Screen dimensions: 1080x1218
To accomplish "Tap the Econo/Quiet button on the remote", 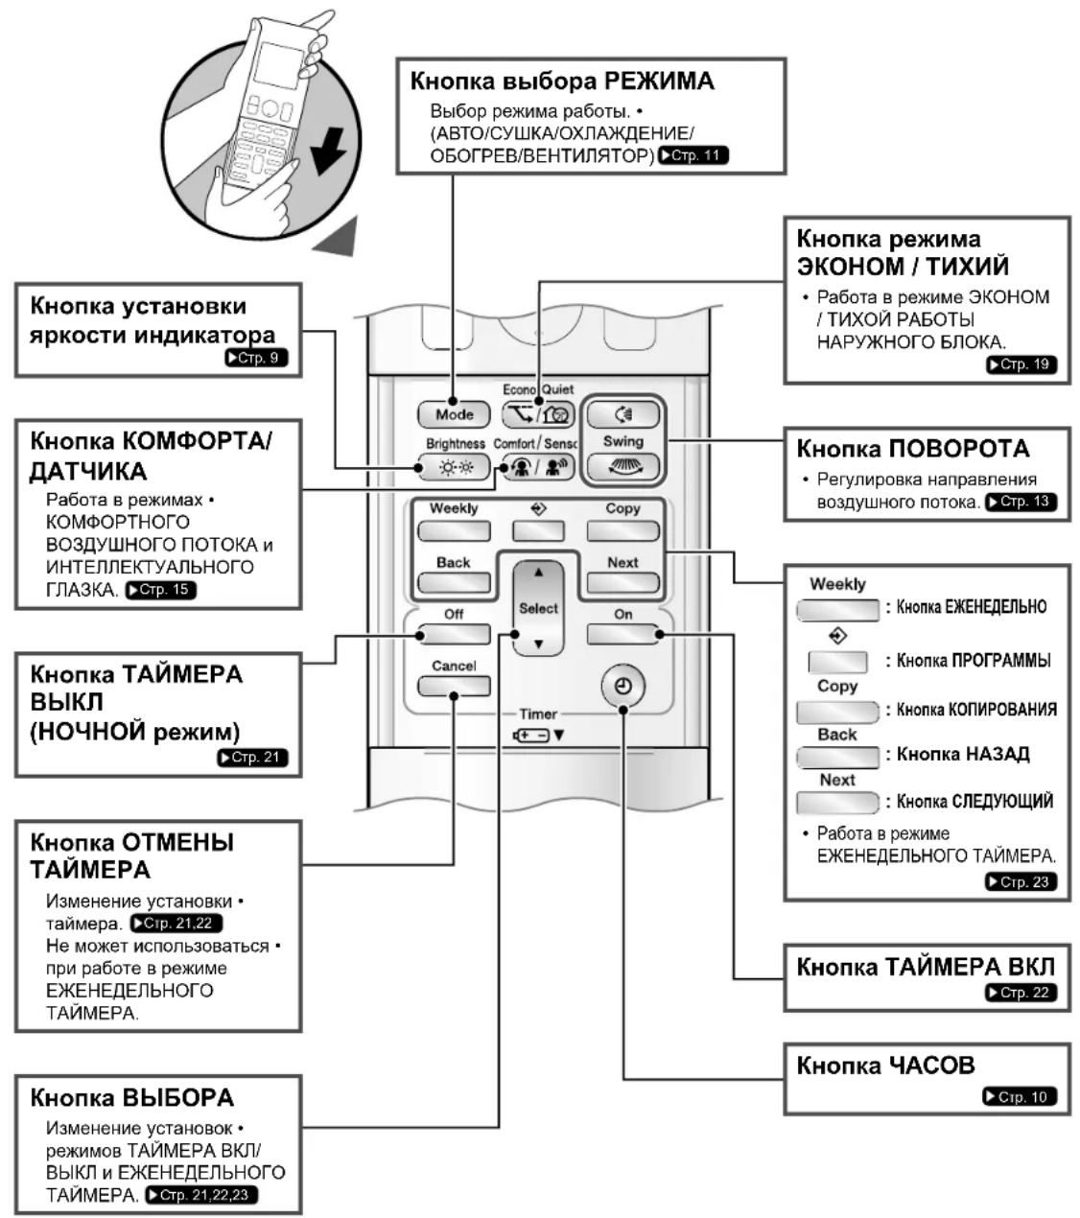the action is tap(537, 414).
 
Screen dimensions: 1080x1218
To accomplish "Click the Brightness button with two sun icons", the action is tap(455, 467).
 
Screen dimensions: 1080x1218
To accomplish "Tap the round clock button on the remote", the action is tap(623, 686).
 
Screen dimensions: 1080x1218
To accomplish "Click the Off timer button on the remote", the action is tap(454, 634).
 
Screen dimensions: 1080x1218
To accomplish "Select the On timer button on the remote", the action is tap(623, 634).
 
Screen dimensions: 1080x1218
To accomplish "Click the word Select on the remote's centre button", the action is tap(538, 608).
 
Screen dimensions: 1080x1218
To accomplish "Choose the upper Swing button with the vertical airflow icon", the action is tap(623, 414).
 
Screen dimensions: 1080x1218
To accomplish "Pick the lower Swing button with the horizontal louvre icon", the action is tap(623, 466).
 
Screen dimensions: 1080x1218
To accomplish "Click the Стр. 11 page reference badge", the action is tap(693, 155).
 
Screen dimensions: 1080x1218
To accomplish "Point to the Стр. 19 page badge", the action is tap(1021, 364).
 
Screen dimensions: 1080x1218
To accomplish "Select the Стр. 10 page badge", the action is tap(1020, 1096).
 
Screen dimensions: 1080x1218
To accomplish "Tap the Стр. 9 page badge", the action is tap(256, 358).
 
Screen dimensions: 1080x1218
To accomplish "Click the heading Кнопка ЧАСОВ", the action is tap(885, 1066).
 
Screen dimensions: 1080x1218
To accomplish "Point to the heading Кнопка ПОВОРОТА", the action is tap(913, 449).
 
